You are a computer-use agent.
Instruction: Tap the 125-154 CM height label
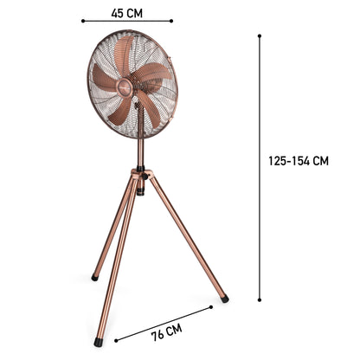tap(298, 160)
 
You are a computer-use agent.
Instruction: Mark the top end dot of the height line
tap(260, 35)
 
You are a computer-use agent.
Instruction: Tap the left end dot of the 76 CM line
tap(115, 340)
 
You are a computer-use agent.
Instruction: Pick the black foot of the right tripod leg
tap(224, 299)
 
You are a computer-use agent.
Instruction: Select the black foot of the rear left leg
tap(94, 278)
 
